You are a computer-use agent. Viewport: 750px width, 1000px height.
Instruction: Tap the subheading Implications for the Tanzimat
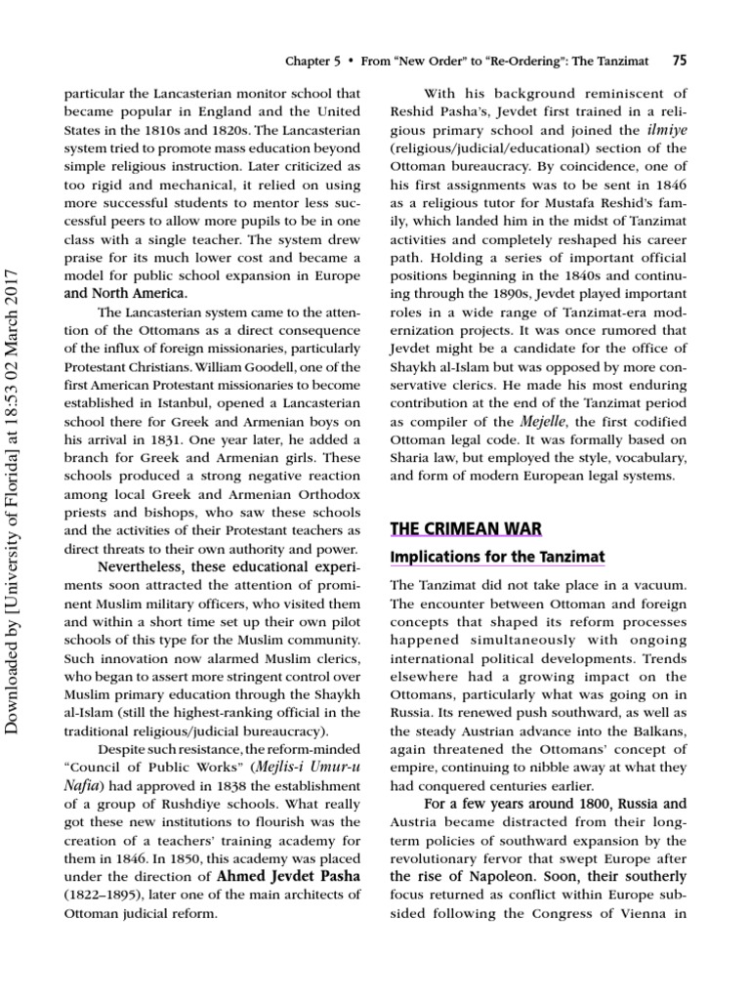click(x=497, y=557)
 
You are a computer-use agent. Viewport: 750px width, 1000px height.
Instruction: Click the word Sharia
click(x=412, y=458)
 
